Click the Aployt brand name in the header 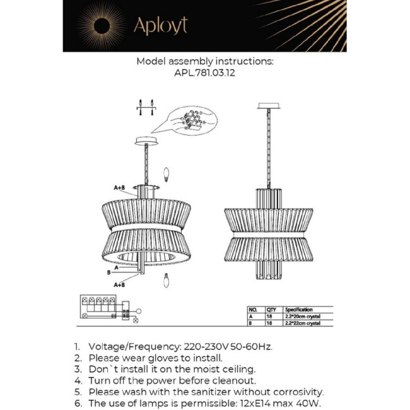[160, 26]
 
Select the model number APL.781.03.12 [205, 73]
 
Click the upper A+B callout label [119, 188]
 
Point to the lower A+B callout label [119, 284]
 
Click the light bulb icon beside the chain [167, 172]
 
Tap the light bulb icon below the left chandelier [167, 280]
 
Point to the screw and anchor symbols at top [146, 108]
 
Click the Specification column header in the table [299, 310]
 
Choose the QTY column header [272, 310]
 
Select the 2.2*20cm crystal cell [303, 317]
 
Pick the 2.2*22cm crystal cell [303, 324]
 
